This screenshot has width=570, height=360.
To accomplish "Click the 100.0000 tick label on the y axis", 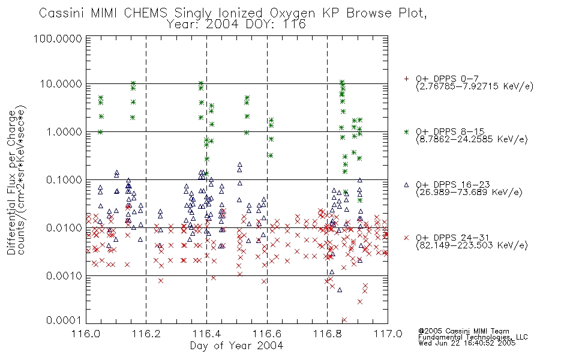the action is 58,38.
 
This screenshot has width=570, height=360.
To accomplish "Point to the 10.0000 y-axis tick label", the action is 61,84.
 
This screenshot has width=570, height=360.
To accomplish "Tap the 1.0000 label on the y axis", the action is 64,131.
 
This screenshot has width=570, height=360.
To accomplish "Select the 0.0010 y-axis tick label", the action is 64,275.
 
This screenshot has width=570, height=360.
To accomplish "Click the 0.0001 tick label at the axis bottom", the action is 64,320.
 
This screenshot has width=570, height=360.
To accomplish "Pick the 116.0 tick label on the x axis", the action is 86,334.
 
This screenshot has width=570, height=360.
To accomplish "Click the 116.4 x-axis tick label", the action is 207,334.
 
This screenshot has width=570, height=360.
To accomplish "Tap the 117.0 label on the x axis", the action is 388,334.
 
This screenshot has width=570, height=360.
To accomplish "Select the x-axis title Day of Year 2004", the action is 236,346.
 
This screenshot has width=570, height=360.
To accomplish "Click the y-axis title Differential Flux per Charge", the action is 11,182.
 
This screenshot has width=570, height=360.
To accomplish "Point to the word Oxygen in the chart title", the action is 292,13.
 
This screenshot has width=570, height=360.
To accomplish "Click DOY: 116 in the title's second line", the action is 276,25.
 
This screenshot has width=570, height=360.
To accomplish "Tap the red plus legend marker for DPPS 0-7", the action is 406,79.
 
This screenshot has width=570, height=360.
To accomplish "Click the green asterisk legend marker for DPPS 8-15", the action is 406,131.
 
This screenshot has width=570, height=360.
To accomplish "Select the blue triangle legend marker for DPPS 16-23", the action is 406,185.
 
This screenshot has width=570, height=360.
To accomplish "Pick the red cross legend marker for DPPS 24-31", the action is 406,238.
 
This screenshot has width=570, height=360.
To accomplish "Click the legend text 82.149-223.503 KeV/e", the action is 472,245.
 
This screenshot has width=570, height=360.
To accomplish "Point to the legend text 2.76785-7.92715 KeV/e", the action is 475,86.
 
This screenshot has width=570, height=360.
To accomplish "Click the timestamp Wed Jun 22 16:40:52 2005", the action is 467,343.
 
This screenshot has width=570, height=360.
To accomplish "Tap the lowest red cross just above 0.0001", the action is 344,320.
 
